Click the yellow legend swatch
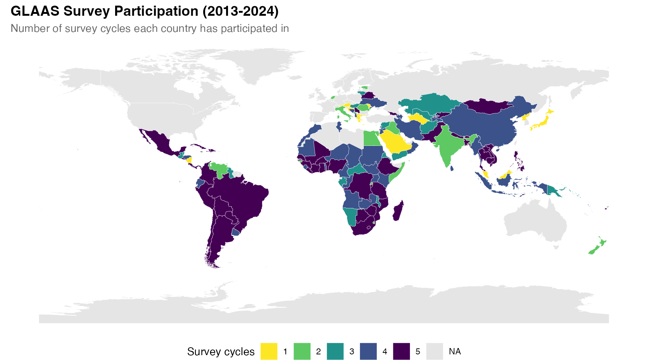[269, 351]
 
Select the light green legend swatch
[302, 351]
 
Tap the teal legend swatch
[335, 351]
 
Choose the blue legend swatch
[368, 351]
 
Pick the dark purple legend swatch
[401, 351]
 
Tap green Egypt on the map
[371, 139]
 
